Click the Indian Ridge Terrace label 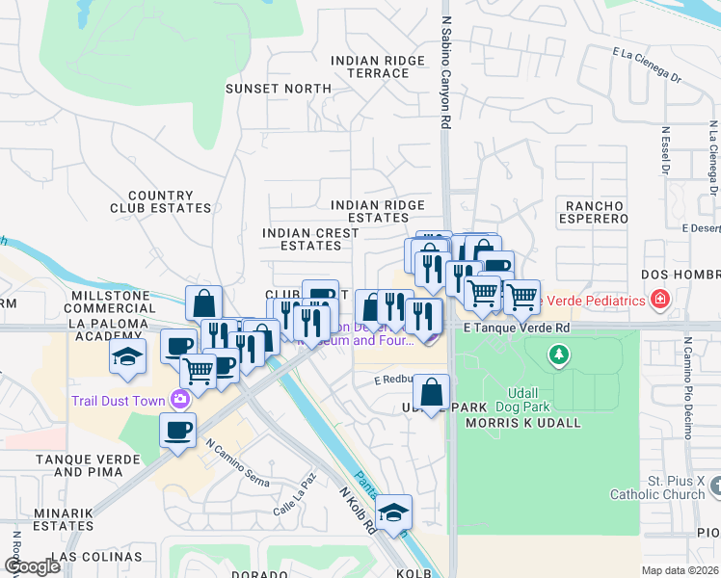pos(377,66)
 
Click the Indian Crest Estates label pos(310,239)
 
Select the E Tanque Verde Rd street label pos(517,328)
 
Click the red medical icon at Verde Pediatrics pos(659,301)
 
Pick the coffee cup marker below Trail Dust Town pos(177,432)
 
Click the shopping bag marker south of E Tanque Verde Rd pos(432,392)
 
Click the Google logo pos(32,566)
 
